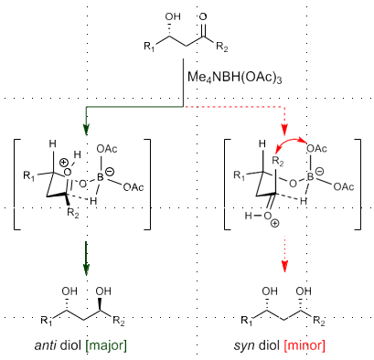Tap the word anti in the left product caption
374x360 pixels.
click(43, 345)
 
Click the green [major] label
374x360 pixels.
click(107, 345)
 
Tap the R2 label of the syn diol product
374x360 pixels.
click(318, 320)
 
